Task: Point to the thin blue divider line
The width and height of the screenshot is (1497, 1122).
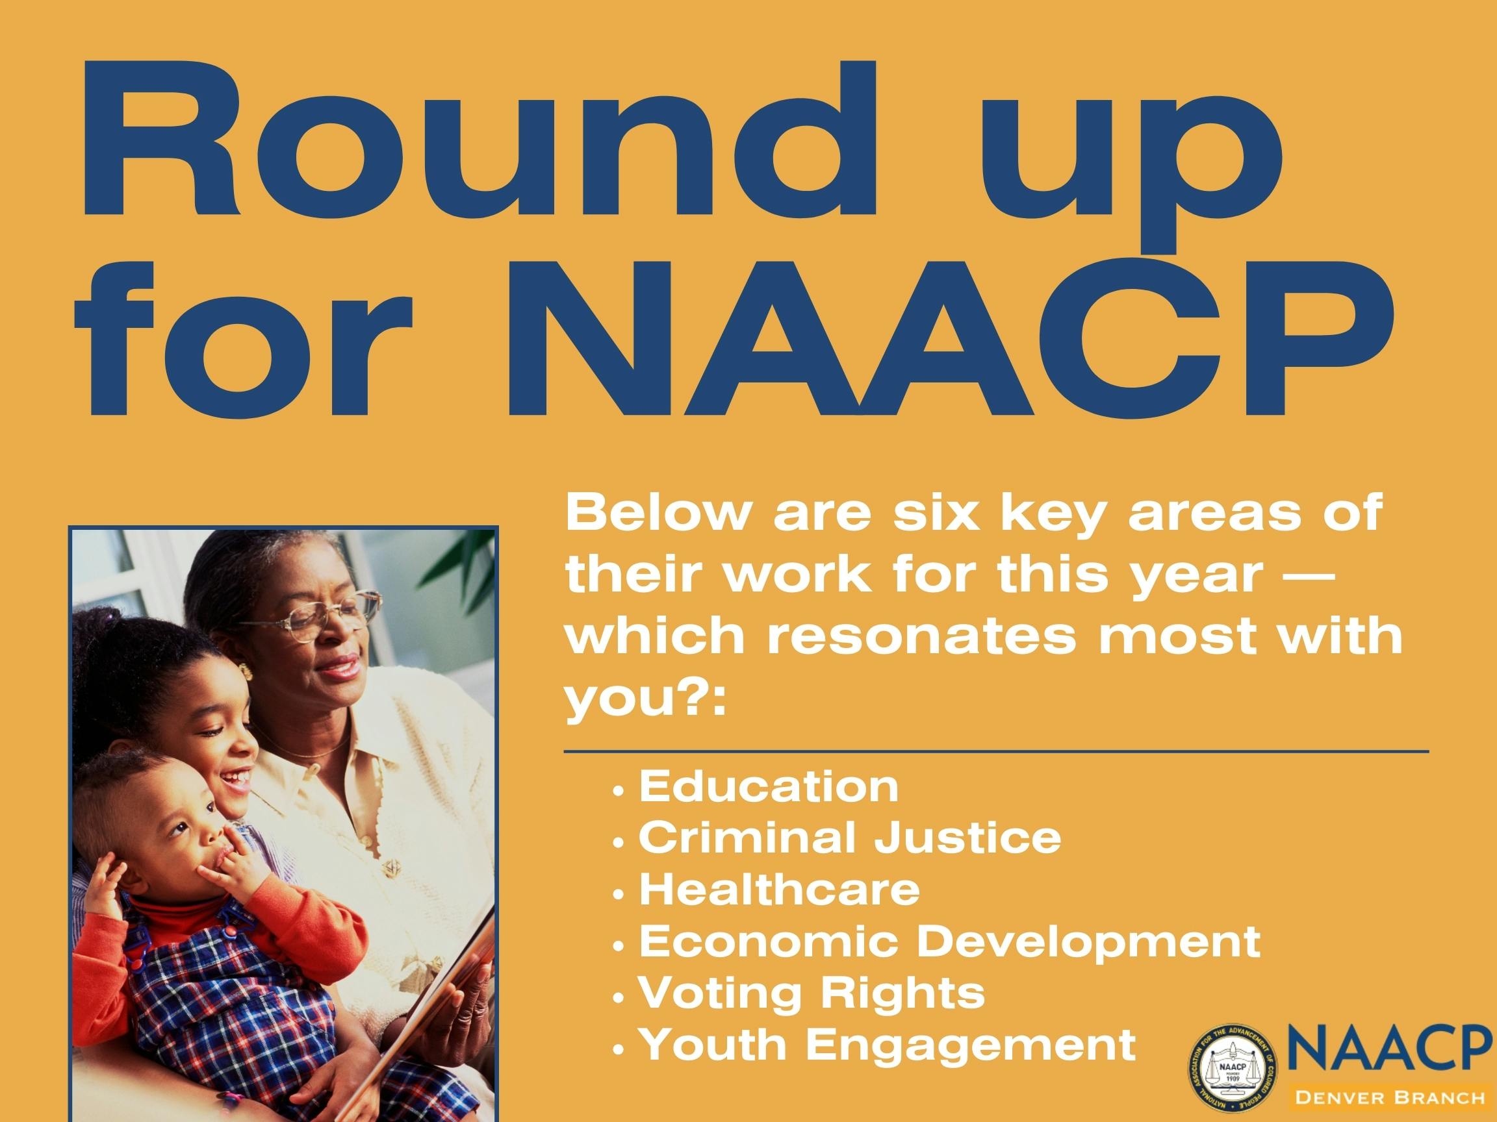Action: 997,751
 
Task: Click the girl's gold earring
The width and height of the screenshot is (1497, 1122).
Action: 246,671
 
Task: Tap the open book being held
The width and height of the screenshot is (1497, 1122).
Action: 440,994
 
